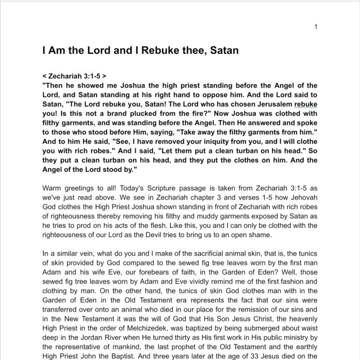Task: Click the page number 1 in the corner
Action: pos(316,26)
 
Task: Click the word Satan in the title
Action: pos(224,50)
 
